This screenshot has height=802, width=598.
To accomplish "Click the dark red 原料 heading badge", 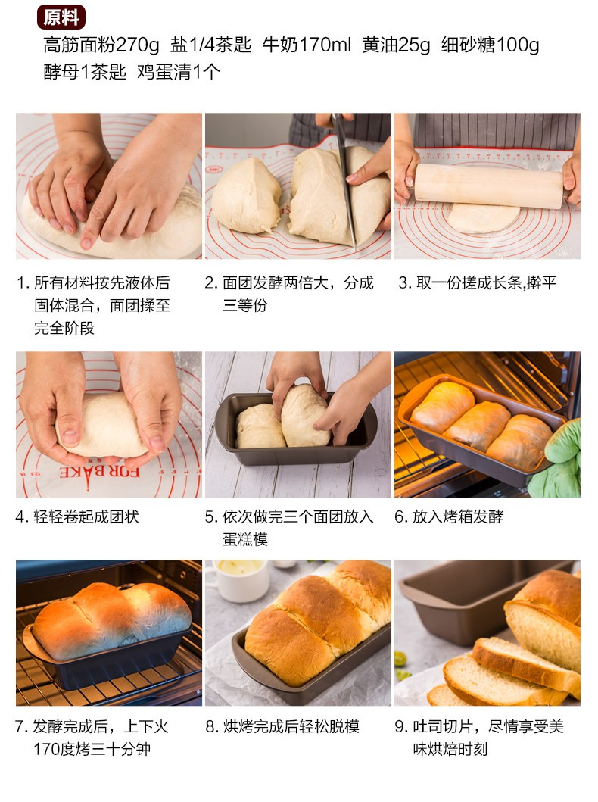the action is tap(61, 17).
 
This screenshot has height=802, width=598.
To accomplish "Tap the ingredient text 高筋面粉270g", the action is tap(101, 45).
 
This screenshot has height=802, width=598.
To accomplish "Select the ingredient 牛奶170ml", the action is tap(307, 45).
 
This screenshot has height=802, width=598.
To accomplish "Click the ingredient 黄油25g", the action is tap(396, 45).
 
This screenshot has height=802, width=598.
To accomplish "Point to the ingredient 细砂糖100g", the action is tap(491, 45).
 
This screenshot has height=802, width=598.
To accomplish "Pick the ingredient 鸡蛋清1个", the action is tap(179, 72).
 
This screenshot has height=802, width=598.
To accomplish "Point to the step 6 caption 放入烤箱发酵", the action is tap(457, 516).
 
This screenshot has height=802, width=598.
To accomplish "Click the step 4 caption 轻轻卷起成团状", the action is tap(86, 516).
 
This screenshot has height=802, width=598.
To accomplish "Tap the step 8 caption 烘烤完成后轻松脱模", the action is tap(291, 726).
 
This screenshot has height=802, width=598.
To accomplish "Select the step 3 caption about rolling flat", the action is tap(486, 282).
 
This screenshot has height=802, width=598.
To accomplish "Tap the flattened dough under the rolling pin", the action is tap(484, 218).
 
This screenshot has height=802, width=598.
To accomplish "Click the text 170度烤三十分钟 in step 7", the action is tap(92, 749).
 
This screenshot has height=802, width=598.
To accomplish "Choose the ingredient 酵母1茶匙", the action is tap(85, 72).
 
